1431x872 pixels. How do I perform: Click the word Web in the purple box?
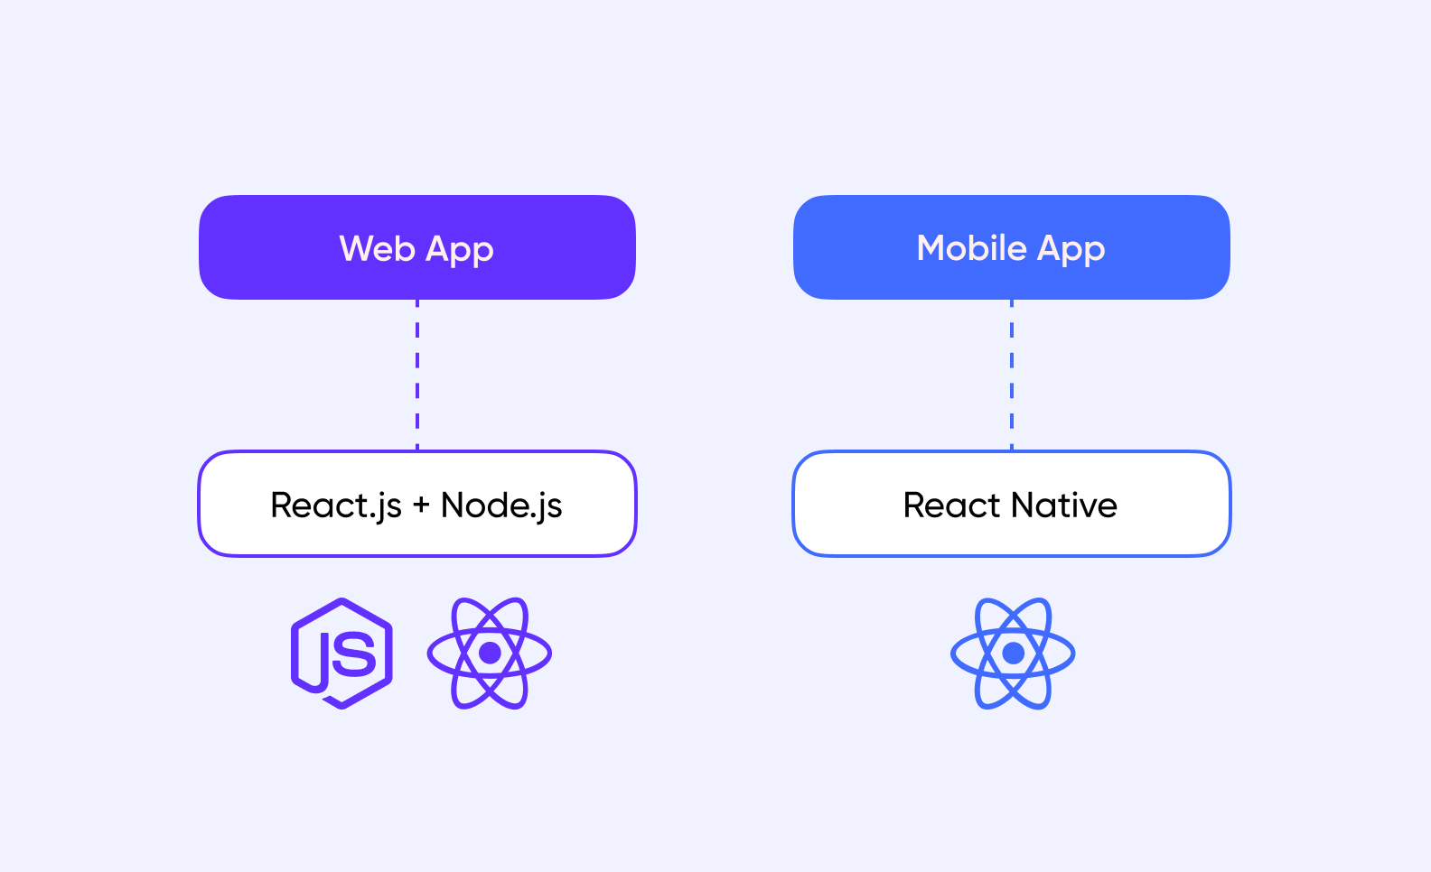click(x=377, y=248)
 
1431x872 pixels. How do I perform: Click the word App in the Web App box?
click(x=459, y=250)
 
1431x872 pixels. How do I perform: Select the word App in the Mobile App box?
click(x=1071, y=250)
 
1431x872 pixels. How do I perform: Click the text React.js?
click(x=336, y=506)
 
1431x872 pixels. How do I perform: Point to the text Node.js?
click(x=501, y=506)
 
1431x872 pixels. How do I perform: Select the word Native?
click(x=1064, y=506)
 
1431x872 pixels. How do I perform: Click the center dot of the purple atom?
click(x=490, y=653)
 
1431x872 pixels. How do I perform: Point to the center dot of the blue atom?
click(x=1014, y=653)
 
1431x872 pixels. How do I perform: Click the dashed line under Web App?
click(x=417, y=376)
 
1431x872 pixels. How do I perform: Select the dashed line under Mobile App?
click(x=1012, y=376)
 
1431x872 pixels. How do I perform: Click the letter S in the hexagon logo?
click(x=354, y=654)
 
